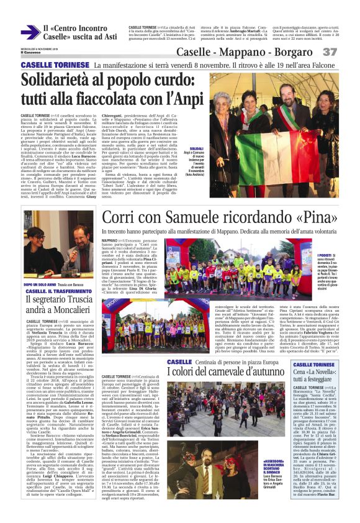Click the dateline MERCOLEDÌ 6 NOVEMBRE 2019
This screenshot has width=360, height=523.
(x=36, y=49)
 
